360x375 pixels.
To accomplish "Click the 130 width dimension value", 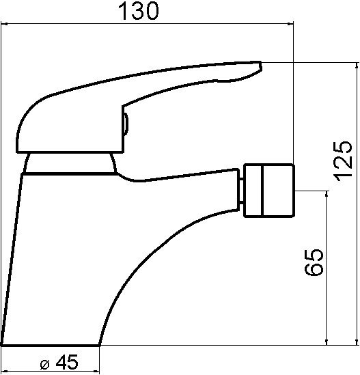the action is click(139, 11).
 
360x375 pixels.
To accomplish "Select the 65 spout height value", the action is click(314, 262).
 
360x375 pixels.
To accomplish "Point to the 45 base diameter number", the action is click(67, 361).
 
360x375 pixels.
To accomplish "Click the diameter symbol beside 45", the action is click(44, 364).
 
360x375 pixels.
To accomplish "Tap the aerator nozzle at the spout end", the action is click(268, 191).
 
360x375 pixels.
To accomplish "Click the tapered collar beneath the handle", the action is click(70, 163).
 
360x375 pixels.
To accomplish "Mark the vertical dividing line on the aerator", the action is click(262, 191).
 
